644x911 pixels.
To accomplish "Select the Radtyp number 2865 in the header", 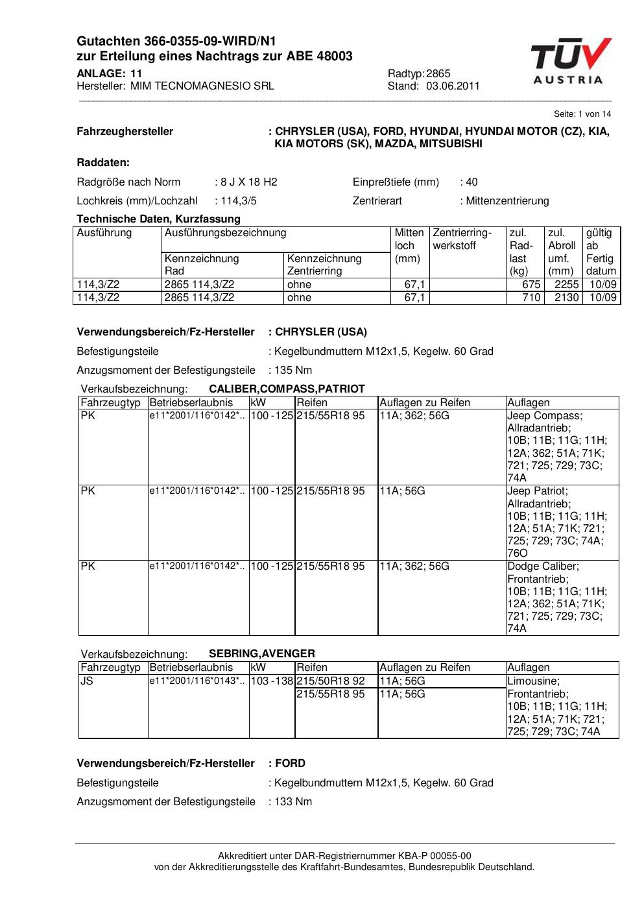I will (x=438, y=73).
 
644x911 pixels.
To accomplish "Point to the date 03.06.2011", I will (x=453, y=86).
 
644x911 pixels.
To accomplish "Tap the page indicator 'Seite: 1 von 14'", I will (x=582, y=114).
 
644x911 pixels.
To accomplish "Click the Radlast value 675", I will (x=531, y=284).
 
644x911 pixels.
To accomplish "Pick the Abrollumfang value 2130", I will (x=566, y=297).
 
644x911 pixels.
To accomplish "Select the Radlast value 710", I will (x=531, y=297).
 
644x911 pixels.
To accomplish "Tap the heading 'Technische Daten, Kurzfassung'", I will (x=158, y=219).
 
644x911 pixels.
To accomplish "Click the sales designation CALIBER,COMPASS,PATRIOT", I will (x=287, y=389).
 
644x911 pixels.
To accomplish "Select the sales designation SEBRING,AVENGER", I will (x=262, y=653).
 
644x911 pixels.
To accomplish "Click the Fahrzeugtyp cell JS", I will (x=87, y=681).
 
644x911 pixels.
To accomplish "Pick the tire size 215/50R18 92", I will (x=331, y=681).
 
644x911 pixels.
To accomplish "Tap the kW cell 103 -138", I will (x=272, y=681).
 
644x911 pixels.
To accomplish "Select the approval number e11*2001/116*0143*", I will (x=197, y=681).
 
